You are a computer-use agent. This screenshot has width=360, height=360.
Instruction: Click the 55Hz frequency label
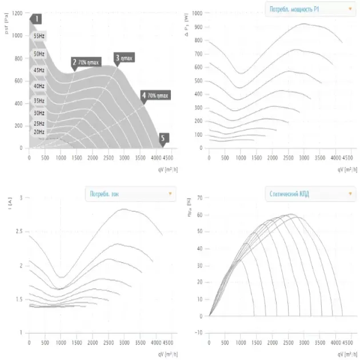[39, 35]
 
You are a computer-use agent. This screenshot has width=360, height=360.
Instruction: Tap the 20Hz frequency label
[39, 132]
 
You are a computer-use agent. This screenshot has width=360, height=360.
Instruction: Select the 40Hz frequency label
[39, 86]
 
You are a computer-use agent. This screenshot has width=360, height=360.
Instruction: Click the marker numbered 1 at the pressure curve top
[37, 19]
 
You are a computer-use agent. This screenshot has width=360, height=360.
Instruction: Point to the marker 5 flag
[163, 138]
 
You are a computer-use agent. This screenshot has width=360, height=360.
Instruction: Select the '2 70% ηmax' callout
[87, 62]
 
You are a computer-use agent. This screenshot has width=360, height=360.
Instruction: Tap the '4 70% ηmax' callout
[157, 95]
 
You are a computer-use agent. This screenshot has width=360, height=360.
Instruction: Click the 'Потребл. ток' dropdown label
[129, 194]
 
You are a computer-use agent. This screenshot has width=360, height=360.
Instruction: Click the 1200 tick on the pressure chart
[18, 13]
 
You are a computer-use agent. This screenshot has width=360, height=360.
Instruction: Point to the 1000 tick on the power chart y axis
[198, 13]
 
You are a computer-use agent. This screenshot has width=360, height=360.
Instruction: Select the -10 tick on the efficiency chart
[199, 333]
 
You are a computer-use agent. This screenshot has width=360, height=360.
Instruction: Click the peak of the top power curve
[304, 24]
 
